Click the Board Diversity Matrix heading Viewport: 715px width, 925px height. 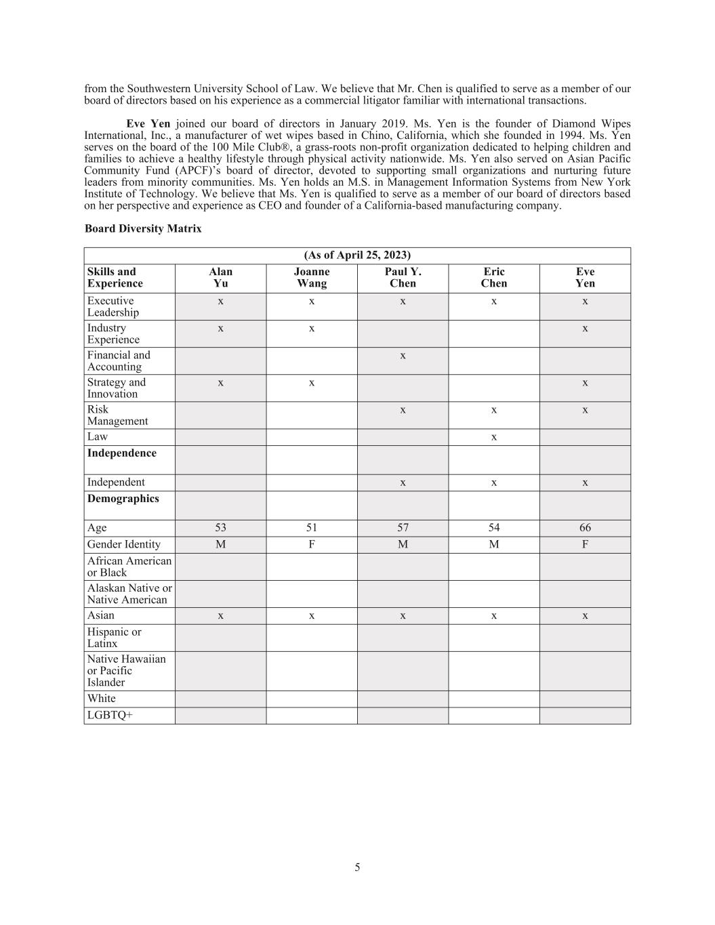point(143,229)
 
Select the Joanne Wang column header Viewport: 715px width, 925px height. point(312,278)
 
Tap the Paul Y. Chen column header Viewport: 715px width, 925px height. point(403,278)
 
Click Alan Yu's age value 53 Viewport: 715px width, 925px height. point(220,528)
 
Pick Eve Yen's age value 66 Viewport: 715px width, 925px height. point(585,528)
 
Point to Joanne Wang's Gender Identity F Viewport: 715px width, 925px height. point(312,544)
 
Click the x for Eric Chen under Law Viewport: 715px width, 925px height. point(494,437)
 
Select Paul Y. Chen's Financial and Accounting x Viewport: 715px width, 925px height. point(403,355)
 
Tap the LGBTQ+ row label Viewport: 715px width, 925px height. point(110,715)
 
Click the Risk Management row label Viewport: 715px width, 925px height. point(117,415)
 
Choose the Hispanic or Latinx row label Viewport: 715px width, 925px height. point(114,638)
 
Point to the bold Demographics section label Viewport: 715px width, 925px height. point(123,499)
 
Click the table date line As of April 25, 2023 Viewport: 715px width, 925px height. point(357,255)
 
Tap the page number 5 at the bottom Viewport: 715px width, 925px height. point(357,867)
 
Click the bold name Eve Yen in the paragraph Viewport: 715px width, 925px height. point(148,123)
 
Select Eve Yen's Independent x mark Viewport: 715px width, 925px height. point(585,482)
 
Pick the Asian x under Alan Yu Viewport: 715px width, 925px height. point(220,615)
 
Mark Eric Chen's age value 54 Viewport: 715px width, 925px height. point(494,528)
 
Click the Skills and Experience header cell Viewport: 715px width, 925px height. point(115,278)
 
